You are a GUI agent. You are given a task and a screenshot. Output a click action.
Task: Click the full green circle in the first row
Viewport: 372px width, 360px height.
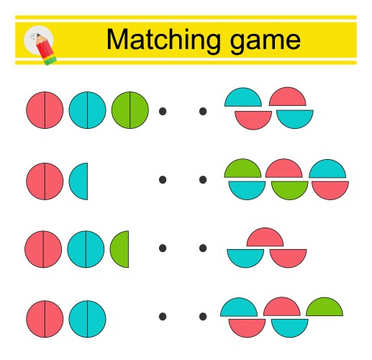(x=130, y=110)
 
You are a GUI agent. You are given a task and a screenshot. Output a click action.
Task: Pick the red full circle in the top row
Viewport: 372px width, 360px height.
(x=45, y=110)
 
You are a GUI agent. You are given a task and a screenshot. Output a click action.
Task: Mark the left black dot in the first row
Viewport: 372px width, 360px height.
(x=163, y=111)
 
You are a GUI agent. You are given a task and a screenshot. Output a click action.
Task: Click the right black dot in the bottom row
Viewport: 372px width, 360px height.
(x=203, y=316)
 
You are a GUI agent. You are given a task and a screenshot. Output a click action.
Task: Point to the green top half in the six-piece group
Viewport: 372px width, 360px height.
(x=242, y=170)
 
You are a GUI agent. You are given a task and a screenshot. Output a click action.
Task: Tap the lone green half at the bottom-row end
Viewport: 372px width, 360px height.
(x=325, y=309)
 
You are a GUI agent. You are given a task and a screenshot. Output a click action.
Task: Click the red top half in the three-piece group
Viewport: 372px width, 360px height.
(x=265, y=238)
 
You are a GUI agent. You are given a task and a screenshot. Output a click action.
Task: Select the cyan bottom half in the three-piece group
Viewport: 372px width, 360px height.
(x=245, y=257)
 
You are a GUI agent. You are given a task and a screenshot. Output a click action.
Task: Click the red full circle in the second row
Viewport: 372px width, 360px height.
(x=45, y=181)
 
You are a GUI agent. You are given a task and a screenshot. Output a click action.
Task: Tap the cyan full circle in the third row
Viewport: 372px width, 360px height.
(x=86, y=248)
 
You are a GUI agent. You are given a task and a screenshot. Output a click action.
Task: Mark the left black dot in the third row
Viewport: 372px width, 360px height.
(x=163, y=248)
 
